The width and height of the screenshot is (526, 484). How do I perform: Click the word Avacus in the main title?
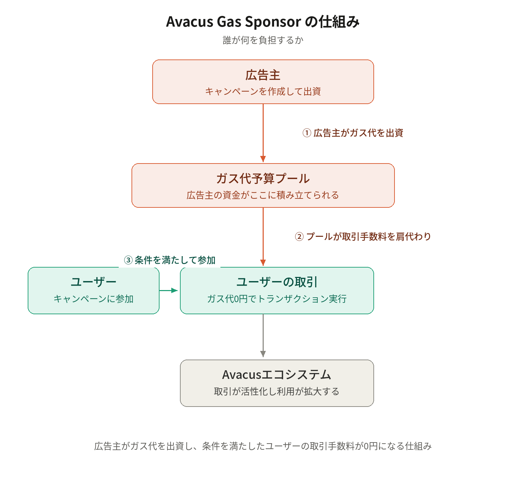[190, 21]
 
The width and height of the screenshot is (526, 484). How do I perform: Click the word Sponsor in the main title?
[273, 22]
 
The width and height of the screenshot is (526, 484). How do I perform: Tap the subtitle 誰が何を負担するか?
[263, 40]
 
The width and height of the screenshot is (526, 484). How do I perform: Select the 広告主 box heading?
[263, 75]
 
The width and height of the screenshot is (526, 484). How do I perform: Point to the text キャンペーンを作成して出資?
[263, 91]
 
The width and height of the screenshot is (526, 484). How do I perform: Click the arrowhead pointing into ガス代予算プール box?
[263, 159]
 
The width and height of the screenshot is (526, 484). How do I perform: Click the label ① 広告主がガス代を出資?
[353, 133]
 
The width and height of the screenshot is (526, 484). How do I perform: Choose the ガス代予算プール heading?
[263, 179]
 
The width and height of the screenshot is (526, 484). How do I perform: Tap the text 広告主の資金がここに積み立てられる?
[263, 195]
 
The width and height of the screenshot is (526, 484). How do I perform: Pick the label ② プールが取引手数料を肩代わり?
[363, 236]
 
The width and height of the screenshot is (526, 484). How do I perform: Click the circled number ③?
[128, 260]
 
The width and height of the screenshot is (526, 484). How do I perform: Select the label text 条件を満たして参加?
[175, 260]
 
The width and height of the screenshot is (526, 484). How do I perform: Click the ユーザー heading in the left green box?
[93, 282]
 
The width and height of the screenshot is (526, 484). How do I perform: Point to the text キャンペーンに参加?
[93, 299]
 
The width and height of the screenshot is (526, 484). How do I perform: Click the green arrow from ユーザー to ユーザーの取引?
[168, 290]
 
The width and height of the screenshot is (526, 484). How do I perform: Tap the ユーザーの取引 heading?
[277, 282]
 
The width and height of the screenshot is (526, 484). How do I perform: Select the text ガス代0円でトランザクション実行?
[277, 299]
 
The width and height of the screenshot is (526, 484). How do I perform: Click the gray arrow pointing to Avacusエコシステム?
[263, 335]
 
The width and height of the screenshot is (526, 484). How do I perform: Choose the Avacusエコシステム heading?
[277, 375]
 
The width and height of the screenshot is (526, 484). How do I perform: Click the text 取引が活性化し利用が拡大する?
[277, 391]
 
